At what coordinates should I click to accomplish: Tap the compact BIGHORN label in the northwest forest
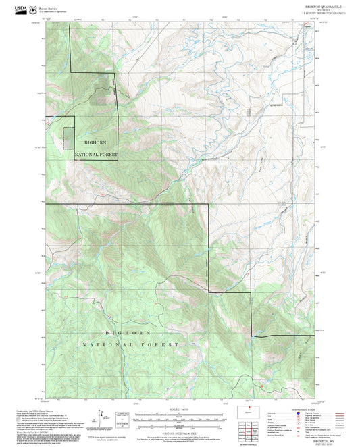click(x=95, y=142)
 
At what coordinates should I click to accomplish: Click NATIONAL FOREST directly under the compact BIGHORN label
click(x=95, y=155)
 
